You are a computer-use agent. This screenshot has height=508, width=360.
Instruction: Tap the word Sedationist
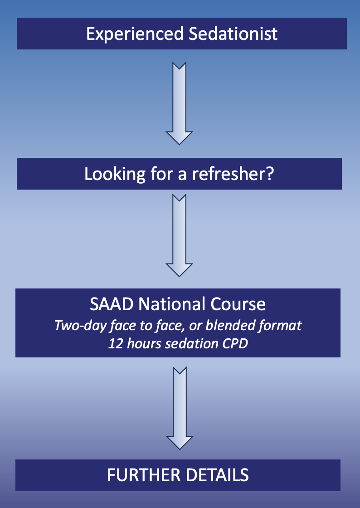pyautogui.click(x=233, y=34)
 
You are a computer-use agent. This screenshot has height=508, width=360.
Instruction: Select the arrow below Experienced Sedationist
pyautogui.click(x=180, y=103)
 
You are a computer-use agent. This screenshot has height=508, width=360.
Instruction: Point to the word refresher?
pyautogui.click(x=233, y=174)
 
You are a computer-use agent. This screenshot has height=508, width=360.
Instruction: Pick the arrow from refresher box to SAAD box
pyautogui.click(x=180, y=235)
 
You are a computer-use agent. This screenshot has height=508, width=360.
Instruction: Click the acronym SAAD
pyautogui.click(x=112, y=304)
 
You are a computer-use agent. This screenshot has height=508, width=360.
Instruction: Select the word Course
pyautogui.click(x=238, y=304)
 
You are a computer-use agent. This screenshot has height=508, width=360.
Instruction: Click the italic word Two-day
pyautogui.click(x=80, y=326)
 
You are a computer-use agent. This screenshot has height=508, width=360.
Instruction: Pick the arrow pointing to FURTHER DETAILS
pyautogui.click(x=180, y=408)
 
